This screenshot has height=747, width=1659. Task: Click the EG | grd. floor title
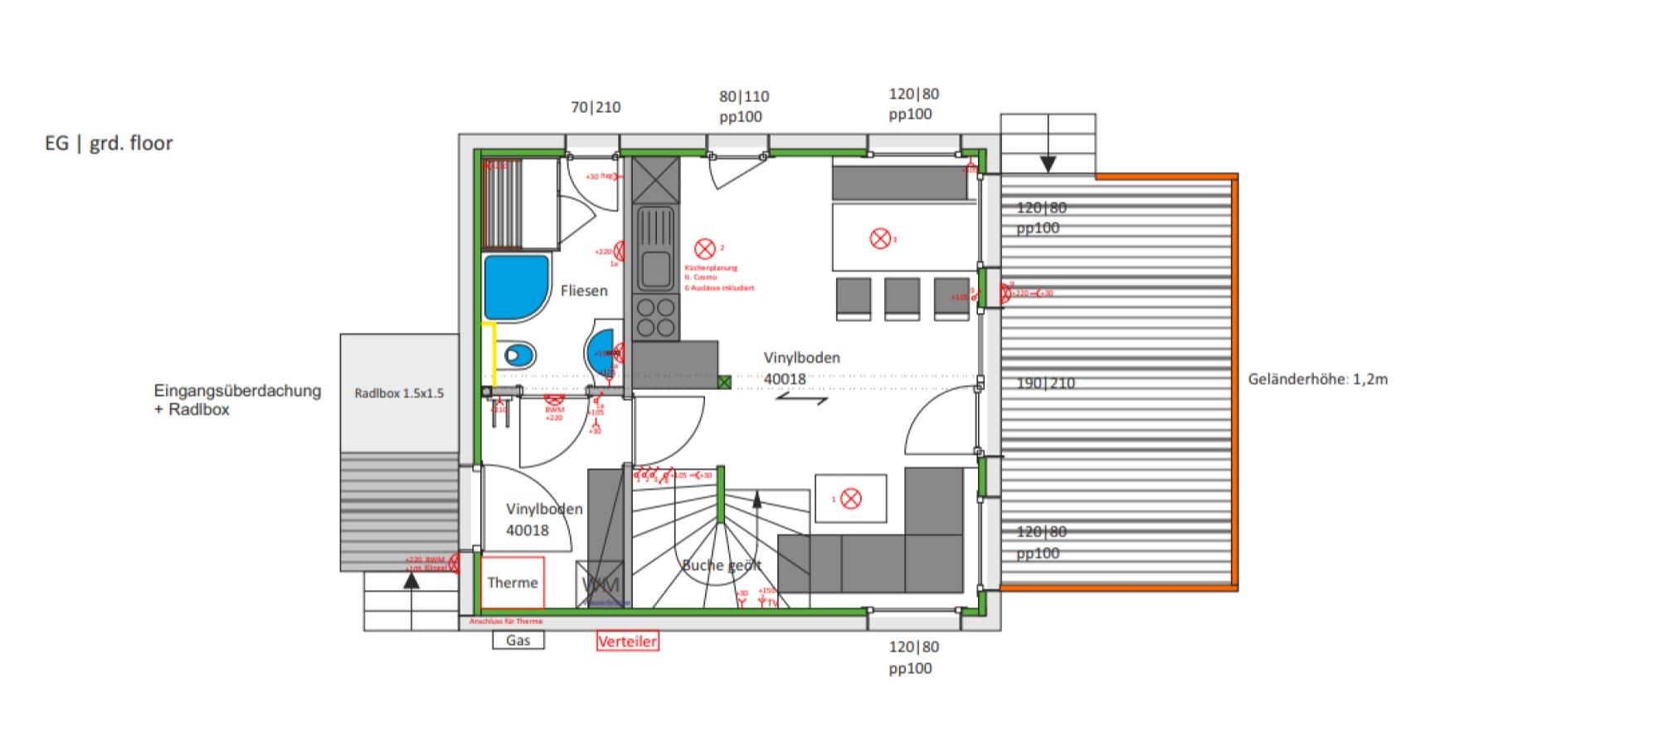point(109,144)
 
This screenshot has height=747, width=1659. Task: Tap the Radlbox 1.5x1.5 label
point(399,393)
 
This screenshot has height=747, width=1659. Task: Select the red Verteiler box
point(627,641)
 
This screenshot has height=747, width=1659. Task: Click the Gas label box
point(518,640)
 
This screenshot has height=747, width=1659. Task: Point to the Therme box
point(513,583)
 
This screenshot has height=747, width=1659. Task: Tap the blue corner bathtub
point(514,286)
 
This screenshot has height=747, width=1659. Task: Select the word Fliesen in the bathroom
point(584,290)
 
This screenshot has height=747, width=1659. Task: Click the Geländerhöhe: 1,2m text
point(1317,379)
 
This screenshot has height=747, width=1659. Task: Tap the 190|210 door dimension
point(1045,383)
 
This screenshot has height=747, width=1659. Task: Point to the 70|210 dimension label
point(596,107)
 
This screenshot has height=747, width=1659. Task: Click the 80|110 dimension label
point(744,97)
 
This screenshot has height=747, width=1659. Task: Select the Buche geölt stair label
point(721,565)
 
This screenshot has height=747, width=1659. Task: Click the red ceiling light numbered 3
point(880,239)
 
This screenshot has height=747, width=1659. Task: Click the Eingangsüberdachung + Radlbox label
point(236,399)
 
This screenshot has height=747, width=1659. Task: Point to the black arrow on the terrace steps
point(1048,164)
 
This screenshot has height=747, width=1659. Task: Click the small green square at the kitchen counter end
point(724,383)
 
